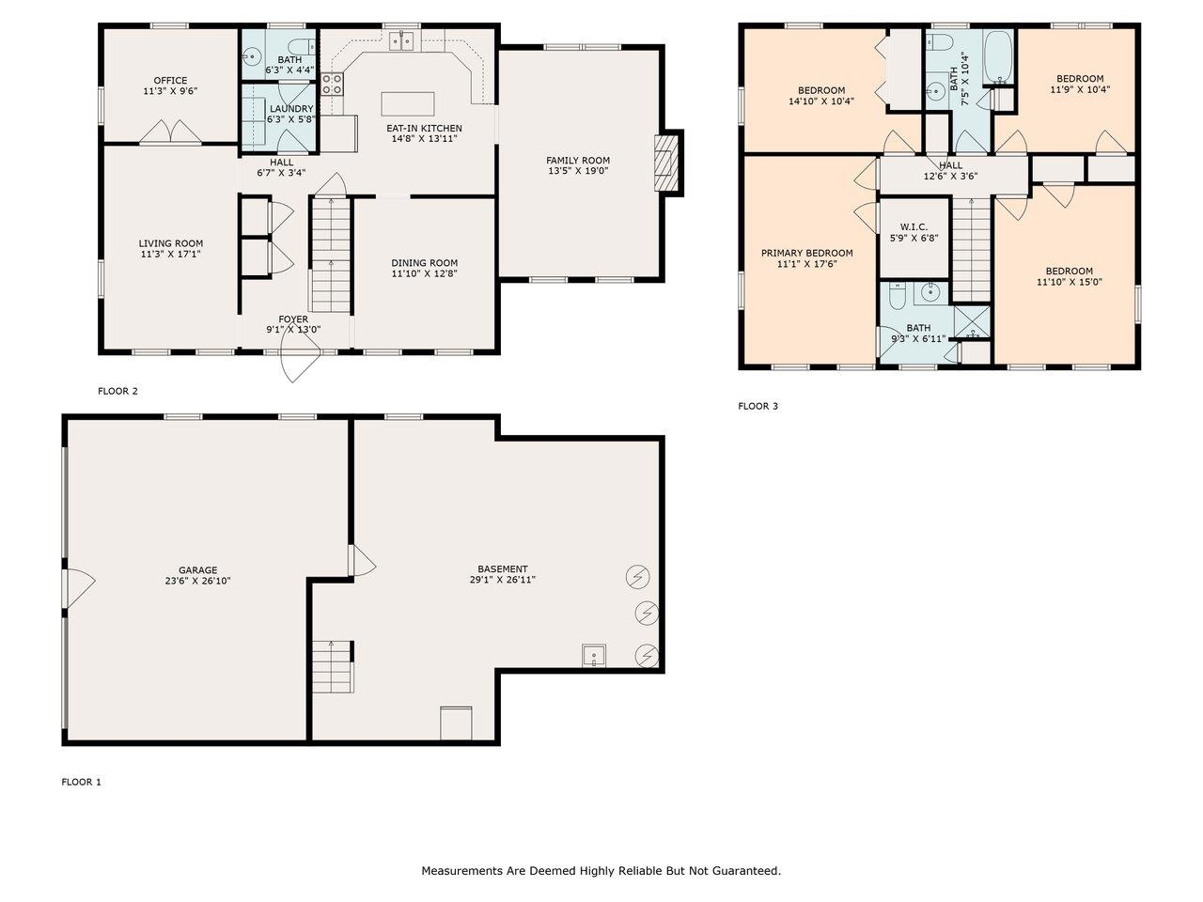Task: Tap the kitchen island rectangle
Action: pos(408,104)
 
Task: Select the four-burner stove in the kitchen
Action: pos(332,85)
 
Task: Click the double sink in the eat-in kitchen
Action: pos(401,41)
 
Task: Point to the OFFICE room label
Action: pos(170,81)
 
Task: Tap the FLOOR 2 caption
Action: pos(117,391)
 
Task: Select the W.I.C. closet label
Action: pos(914,226)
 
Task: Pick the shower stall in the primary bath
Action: pos(972,322)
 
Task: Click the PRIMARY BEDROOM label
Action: pos(806,253)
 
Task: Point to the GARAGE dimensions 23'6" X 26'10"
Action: pos(198,581)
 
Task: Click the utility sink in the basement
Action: pos(594,656)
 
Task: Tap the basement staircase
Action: pos(333,666)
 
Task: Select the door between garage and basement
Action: pos(362,560)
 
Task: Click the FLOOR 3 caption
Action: pos(758,406)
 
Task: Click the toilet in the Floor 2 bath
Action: pos(302,47)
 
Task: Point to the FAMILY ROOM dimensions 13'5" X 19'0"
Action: pos(578,171)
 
